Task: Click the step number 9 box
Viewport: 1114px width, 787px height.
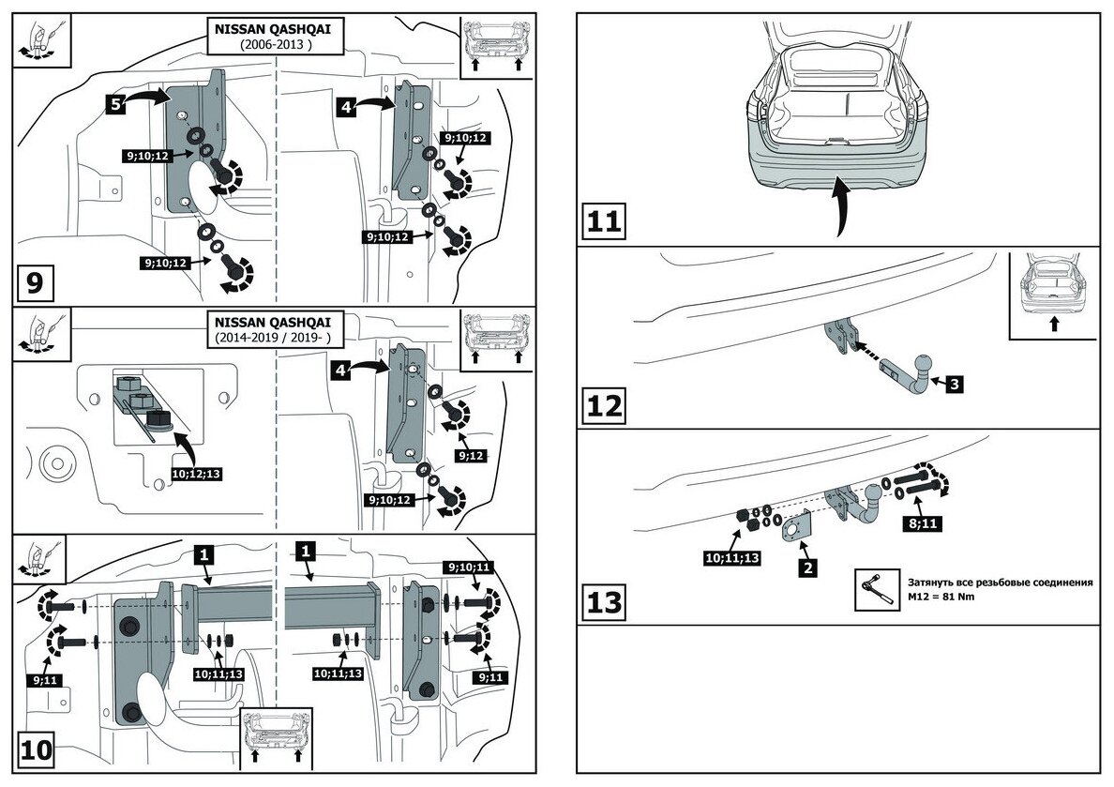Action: pyautogui.click(x=35, y=281)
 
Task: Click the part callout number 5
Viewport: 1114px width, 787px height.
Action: pyautogui.click(x=115, y=104)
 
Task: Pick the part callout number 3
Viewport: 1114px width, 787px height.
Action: pyautogui.click(x=953, y=383)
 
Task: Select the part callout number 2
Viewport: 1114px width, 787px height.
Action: pyautogui.click(x=807, y=568)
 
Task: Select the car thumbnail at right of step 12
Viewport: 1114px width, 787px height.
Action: pyautogui.click(x=1053, y=288)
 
